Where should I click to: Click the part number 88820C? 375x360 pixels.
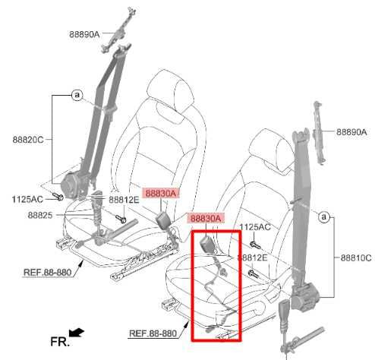(28, 140)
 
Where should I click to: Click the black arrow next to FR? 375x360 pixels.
(76, 332)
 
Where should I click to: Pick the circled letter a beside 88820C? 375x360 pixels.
(77, 95)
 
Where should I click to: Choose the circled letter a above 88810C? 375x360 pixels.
(323, 218)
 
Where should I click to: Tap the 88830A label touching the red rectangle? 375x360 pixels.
(206, 219)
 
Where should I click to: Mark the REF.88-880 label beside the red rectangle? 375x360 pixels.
(153, 333)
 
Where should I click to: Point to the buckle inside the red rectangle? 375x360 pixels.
(207, 244)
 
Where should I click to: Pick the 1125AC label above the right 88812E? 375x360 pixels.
(255, 226)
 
